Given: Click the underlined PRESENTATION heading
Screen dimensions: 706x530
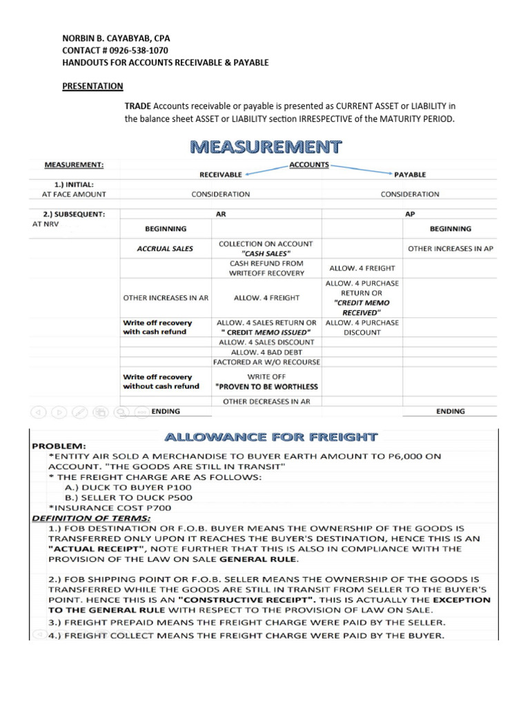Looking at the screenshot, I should coord(93,86).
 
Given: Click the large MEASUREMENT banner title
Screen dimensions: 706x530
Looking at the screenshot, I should coord(266,147).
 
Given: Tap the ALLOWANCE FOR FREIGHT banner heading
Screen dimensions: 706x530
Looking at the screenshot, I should coord(270,436).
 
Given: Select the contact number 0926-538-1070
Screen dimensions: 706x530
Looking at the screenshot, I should coord(135,51).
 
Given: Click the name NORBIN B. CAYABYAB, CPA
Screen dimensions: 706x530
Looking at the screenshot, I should coord(117,39).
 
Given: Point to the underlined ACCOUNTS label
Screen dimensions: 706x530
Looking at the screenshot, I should coord(308,165).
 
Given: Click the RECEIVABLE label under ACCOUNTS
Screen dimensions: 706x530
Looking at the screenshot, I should coord(221,174).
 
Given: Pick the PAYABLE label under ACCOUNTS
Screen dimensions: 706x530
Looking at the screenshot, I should coord(410,174).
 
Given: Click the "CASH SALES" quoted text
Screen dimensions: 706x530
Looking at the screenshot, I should coord(266,254).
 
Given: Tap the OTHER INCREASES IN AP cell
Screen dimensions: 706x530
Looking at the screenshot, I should coord(451,248).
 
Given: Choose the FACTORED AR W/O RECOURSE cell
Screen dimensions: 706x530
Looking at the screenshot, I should coord(266,361).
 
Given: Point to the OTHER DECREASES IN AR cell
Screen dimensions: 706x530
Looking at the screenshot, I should coord(266,401).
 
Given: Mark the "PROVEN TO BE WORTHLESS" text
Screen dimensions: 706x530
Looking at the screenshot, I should coord(266,386).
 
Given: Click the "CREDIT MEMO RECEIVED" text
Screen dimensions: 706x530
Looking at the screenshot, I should coord(362,307).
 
